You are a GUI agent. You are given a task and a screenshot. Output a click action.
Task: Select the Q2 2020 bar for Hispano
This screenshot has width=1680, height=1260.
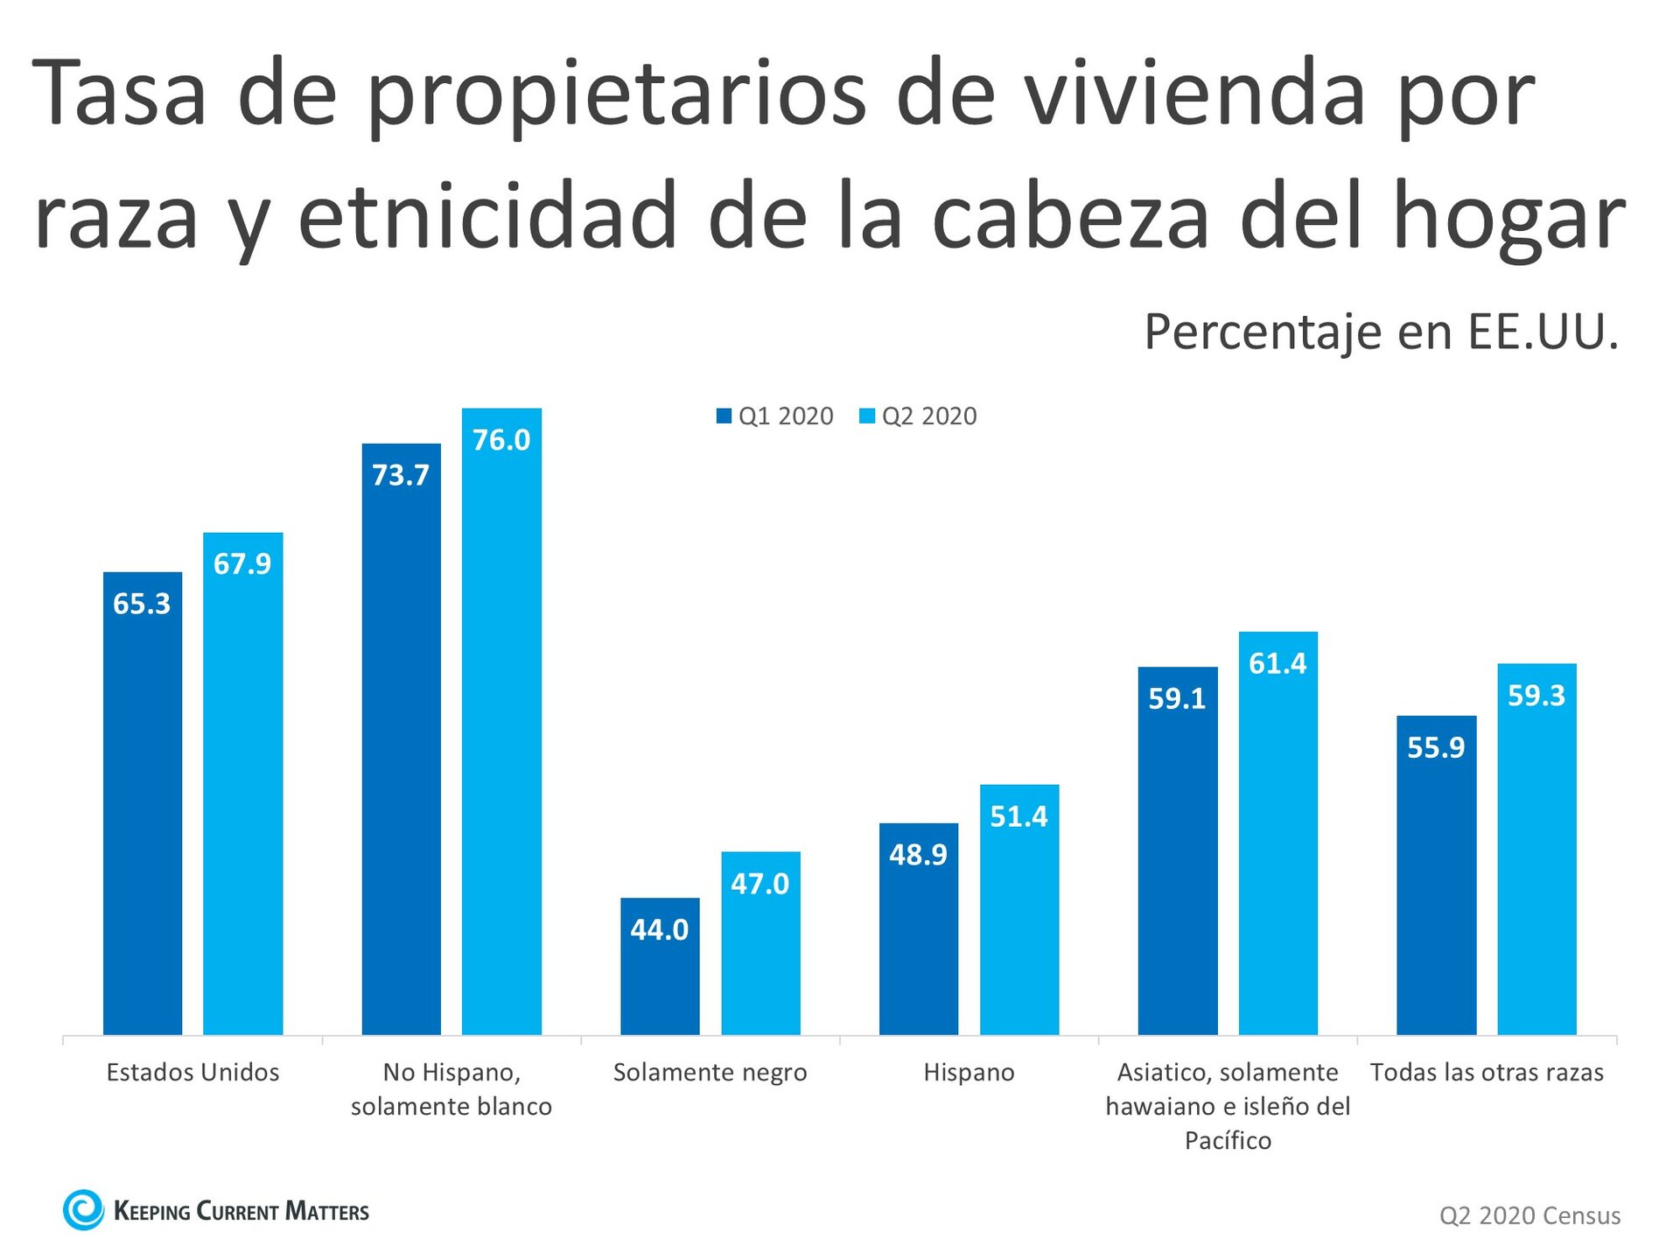click(x=1018, y=910)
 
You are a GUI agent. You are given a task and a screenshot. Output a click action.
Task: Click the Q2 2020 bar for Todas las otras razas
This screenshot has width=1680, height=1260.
click(x=1536, y=849)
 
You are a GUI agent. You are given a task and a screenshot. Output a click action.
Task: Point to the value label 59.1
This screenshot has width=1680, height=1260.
click(x=1177, y=698)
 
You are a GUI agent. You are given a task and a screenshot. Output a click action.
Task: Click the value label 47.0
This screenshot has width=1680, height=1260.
click(x=759, y=884)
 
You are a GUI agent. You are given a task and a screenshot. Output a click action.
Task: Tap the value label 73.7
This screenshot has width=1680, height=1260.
click(x=401, y=475)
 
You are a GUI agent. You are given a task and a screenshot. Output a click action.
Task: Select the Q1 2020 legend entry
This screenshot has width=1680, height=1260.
click(x=774, y=416)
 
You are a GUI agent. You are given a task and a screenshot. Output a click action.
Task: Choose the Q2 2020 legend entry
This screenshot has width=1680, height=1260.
click(x=918, y=416)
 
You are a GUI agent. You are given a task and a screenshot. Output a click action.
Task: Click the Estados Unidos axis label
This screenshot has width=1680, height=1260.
click(x=192, y=1072)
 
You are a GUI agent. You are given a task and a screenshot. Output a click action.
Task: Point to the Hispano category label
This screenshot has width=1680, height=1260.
click(x=969, y=1072)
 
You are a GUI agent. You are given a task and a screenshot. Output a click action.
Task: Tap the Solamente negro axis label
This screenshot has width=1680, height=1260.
click(x=710, y=1072)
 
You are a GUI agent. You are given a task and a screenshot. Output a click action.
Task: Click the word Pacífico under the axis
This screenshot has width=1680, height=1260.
click(x=1228, y=1140)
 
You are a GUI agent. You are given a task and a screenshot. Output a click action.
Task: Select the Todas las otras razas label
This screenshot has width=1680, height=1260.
click(x=1487, y=1072)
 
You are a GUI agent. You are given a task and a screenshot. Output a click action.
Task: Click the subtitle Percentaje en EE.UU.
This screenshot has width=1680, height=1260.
click(x=1381, y=332)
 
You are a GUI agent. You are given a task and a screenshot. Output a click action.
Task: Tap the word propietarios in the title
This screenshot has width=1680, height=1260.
click(x=617, y=96)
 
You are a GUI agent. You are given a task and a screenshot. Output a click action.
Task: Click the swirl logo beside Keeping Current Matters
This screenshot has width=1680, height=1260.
click(x=84, y=1210)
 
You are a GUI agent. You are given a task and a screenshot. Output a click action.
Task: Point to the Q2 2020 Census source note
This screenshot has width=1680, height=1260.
click(x=1529, y=1215)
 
